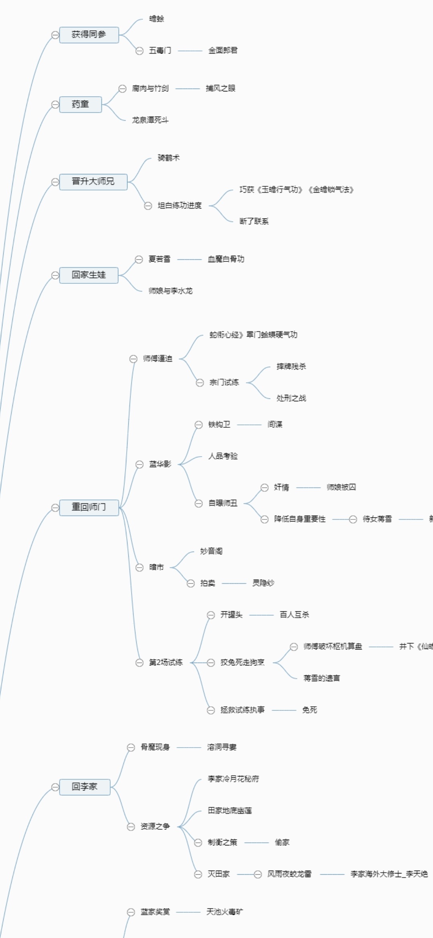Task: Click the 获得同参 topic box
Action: coord(89,35)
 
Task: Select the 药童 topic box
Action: coord(80,105)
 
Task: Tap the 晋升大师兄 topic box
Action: coord(93,182)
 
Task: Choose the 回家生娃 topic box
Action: coord(89,275)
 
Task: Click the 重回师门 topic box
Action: coord(89,507)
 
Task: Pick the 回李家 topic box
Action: coord(85,786)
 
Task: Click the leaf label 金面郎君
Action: coord(223,51)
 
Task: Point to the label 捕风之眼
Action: coord(221,89)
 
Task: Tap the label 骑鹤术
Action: coord(169,158)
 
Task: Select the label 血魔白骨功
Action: coord(226,259)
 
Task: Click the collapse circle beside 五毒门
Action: coord(140,51)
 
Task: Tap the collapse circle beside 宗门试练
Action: coord(200,383)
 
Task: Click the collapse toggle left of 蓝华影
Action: coord(140,465)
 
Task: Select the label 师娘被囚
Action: coord(341,487)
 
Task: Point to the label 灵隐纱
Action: coord(263,583)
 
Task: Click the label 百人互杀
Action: coord(294,615)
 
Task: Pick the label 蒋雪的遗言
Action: coord(322,678)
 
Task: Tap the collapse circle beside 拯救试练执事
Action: coord(211,710)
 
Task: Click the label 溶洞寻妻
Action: coord(222,747)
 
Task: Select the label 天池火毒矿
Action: coord(225,912)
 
